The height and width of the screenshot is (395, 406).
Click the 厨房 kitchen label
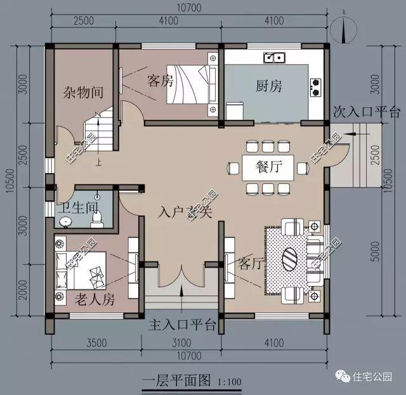coord(269,86)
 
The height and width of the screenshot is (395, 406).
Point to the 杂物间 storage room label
coord(83,93)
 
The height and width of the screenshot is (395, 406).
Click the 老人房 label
coord(94,297)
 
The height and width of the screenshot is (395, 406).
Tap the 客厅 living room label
coord(251,263)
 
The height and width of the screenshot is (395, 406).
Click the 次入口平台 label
coord(367,112)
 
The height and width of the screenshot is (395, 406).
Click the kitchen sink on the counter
coord(275,58)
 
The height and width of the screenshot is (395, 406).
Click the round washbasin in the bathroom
coord(65,221)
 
